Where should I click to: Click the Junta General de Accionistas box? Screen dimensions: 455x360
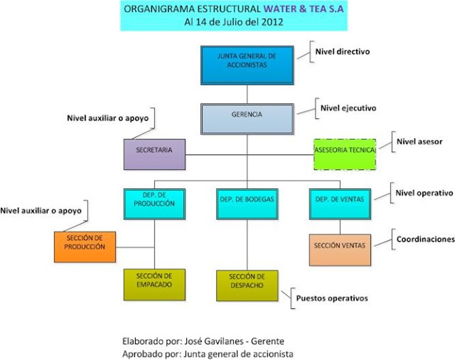click(247, 64)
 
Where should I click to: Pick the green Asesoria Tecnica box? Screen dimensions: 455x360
click(346, 152)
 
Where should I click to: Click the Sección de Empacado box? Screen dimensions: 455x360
click(154, 285)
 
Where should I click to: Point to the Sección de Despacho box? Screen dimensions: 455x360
click(247, 285)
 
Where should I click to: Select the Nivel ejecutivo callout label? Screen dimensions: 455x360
click(348, 109)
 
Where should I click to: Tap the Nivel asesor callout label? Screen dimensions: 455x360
click(419, 142)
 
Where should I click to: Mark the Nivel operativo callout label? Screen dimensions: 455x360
click(424, 193)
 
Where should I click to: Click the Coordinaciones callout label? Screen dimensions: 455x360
click(424, 240)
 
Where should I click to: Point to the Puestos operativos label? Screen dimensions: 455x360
click(332, 298)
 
